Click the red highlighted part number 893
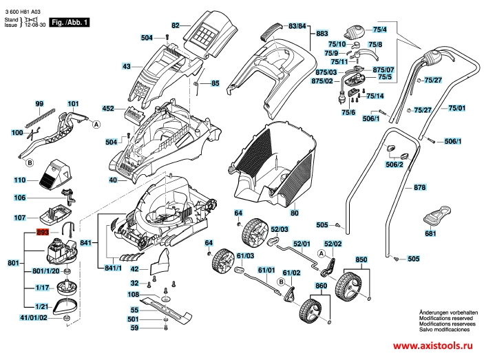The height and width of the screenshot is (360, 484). click(x=43, y=232)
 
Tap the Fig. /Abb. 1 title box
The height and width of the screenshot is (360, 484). click(x=70, y=22)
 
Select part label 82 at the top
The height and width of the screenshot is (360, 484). click(x=176, y=25)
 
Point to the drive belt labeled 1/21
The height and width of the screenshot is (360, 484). click(x=66, y=306)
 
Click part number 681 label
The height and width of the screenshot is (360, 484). click(x=430, y=233)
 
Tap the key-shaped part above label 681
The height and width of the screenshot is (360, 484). click(x=436, y=215)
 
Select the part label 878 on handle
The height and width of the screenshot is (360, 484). click(x=419, y=187)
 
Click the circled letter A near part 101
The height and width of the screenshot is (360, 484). click(x=96, y=125)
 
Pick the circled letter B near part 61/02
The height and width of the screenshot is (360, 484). click(x=281, y=282)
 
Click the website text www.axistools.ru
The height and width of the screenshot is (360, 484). click(x=433, y=346)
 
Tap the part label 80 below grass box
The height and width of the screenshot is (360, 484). click(x=295, y=213)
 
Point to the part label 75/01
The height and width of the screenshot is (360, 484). click(x=457, y=108)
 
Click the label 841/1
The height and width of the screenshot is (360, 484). click(x=113, y=268)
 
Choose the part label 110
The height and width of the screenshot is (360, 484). click(x=20, y=180)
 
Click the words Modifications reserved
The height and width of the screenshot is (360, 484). click(x=445, y=318)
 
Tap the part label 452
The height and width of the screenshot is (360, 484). click(x=108, y=109)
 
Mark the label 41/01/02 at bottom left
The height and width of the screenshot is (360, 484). click(x=33, y=318)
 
